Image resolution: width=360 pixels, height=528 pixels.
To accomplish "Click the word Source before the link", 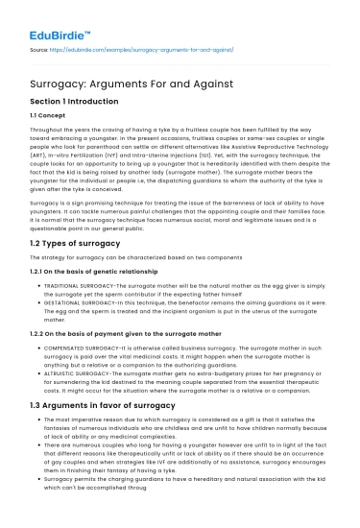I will coord(41,45).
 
